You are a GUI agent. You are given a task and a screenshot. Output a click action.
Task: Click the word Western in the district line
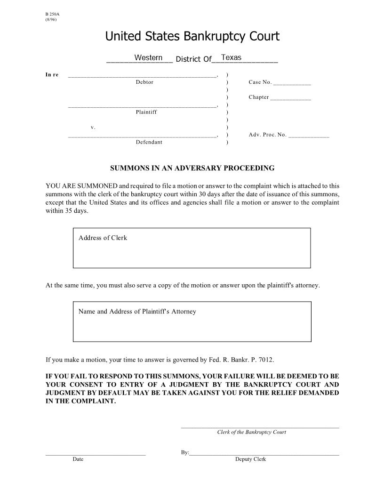[148, 58]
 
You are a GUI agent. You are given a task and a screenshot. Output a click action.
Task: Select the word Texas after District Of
[231, 57]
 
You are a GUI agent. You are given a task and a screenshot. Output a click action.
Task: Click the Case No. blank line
[292, 83]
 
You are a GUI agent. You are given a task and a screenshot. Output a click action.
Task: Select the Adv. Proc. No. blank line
[308, 136]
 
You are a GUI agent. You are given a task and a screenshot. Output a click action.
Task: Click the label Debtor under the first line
[144, 82]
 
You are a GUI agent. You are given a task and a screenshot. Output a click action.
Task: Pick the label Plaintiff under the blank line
[146, 112]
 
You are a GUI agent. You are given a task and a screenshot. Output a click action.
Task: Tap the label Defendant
[149, 142]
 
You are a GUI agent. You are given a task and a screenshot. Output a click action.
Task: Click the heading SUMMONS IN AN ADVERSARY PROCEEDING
[192, 168]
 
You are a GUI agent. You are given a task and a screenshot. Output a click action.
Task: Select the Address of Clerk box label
[103, 238]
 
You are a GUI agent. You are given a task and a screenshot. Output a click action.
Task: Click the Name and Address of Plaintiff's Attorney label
[137, 312]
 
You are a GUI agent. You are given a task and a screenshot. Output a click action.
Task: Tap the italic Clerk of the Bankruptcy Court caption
[251, 432]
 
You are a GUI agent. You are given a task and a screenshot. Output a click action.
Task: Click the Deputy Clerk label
[250, 459]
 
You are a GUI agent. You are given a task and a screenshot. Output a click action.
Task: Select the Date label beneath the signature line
[78, 459]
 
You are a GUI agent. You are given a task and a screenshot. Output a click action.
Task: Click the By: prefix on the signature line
[184, 453]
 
